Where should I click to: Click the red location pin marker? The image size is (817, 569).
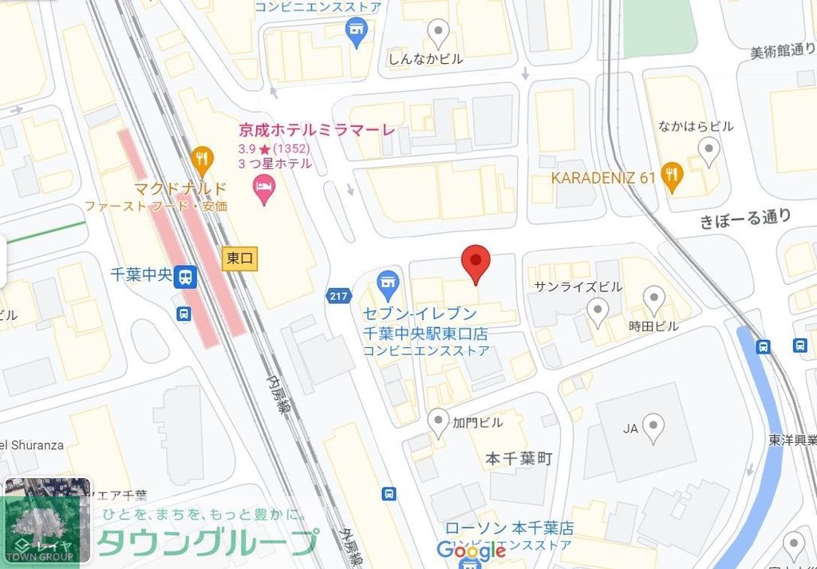476,262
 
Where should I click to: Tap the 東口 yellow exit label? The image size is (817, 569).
240,259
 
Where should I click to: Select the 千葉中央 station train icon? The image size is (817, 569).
186,277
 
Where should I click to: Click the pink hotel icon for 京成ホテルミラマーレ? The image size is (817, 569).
262,189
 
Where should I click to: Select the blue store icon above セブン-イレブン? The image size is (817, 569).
389,280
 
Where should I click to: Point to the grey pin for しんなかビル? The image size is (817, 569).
438,33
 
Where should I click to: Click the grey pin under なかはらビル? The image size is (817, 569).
708,149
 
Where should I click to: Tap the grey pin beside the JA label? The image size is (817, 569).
654,427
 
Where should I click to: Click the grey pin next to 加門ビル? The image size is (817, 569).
438,421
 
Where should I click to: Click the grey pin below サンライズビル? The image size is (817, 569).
598,310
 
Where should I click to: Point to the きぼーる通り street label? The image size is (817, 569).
746,218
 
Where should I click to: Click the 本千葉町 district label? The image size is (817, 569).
519,459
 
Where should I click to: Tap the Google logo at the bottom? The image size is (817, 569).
471,550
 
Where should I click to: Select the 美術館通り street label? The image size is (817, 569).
782,51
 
